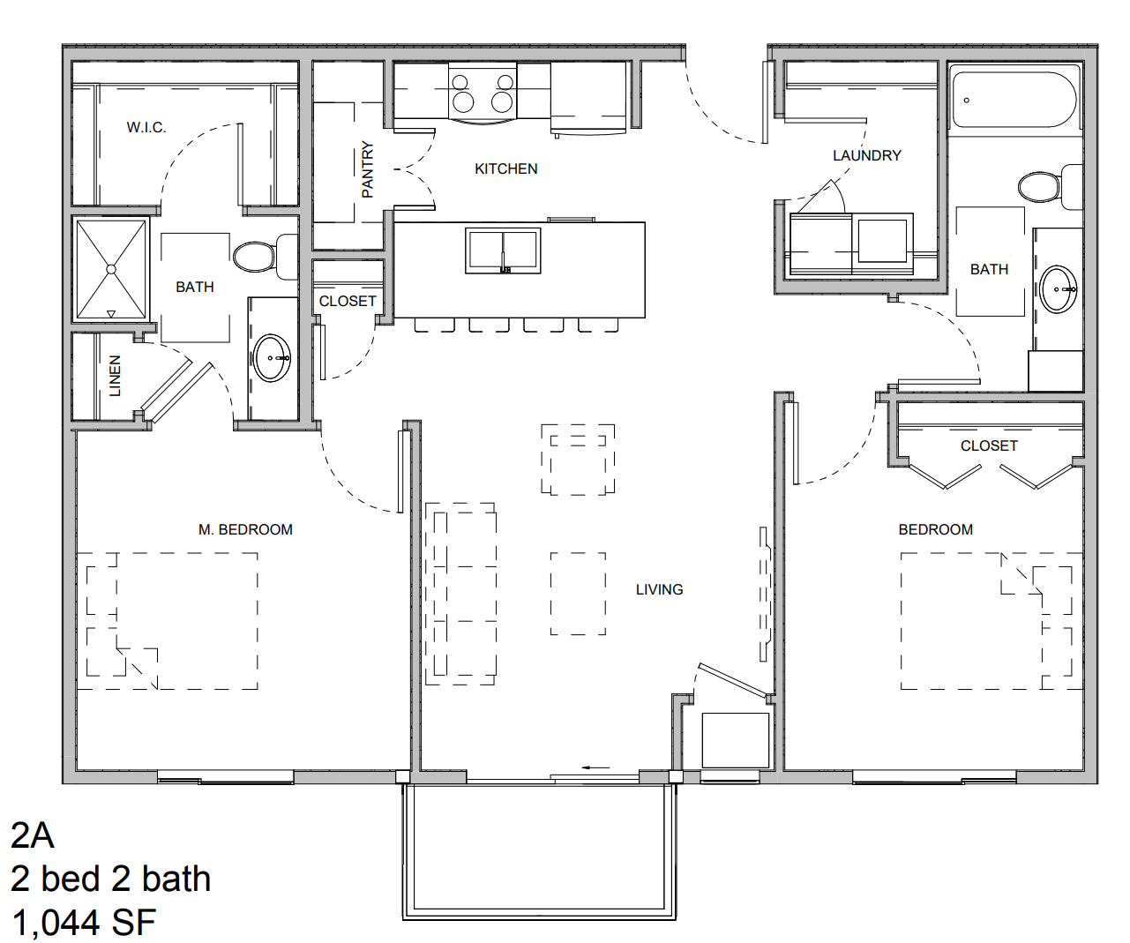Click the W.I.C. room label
tap(146, 128)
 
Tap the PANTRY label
tap(368, 169)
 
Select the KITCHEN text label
tap(506, 168)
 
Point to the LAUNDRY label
tap(867, 156)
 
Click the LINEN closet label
tap(115, 376)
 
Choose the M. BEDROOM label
tap(245, 529)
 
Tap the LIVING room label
tap(659, 589)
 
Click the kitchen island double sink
tap(503, 251)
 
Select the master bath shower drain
tap(111, 269)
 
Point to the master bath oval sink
tap(273, 358)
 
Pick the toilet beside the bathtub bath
tap(1050, 186)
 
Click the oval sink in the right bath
tap(1059, 289)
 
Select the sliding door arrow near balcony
tap(595, 767)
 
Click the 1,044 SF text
tap(84, 922)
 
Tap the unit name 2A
tap(33, 835)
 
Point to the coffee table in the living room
tap(578, 594)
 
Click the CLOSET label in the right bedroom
tap(989, 445)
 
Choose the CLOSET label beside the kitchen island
tap(348, 301)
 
